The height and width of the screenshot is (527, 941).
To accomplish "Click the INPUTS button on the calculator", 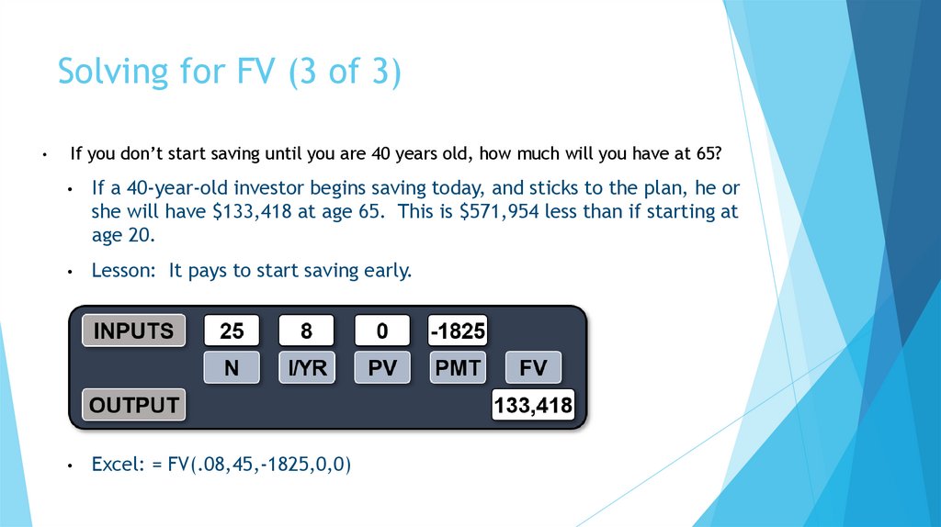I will pyautogui.click(x=134, y=331).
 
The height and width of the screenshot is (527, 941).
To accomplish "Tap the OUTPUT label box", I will pyautogui.click(x=134, y=405).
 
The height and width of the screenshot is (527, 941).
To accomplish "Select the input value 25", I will pyautogui.click(x=231, y=331).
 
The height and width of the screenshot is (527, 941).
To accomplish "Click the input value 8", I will pyautogui.click(x=306, y=331).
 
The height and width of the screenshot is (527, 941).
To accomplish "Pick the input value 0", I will pyautogui.click(x=381, y=331).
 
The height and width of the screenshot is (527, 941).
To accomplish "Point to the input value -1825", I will pyautogui.click(x=457, y=331).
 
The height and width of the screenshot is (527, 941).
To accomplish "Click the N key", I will pyautogui.click(x=231, y=368).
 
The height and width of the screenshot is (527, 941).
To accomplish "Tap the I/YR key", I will pyautogui.click(x=306, y=368).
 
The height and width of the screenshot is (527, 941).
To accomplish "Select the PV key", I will pyautogui.click(x=381, y=368).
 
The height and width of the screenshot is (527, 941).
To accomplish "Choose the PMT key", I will pyautogui.click(x=457, y=368).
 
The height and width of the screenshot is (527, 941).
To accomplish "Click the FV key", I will pyautogui.click(x=533, y=368).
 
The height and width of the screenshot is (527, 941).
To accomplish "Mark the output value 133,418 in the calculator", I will pyautogui.click(x=533, y=405).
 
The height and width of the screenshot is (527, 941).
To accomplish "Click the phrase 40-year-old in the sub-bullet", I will pyautogui.click(x=174, y=188).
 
